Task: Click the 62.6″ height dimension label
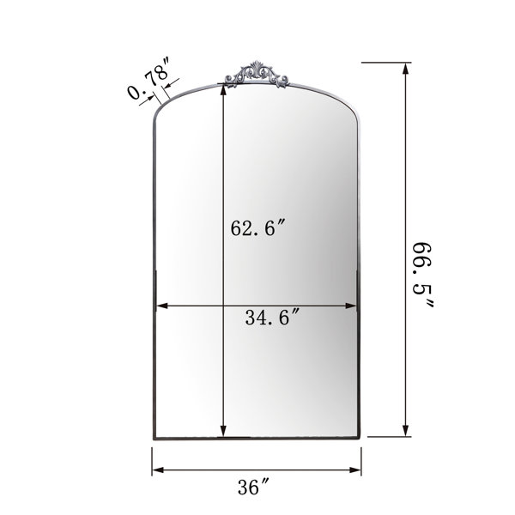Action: [257, 228]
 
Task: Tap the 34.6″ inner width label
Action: [272, 318]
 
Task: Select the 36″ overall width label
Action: [253, 487]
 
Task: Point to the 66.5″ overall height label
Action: [423, 275]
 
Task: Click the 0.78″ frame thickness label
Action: [149, 78]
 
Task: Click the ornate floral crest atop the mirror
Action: [257, 75]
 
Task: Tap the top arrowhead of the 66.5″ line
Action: [406, 69]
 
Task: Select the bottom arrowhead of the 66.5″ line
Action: [406, 431]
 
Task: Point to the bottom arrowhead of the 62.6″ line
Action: [223, 431]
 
